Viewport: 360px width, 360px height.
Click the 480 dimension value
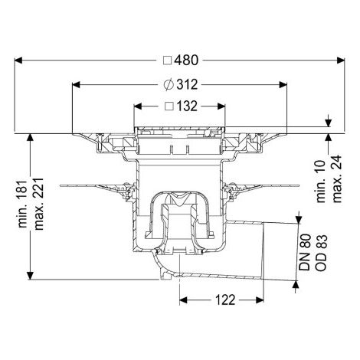point(186,61)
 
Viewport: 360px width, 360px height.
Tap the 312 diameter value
point(187,84)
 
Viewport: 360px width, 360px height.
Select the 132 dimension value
point(187,106)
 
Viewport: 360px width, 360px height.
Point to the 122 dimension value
point(225,300)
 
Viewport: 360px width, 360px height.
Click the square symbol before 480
point(168,61)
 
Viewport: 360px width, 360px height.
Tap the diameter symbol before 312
point(169,84)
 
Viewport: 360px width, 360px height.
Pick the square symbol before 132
point(169,106)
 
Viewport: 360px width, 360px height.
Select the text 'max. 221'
point(39,204)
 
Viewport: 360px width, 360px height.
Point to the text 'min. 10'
point(321,182)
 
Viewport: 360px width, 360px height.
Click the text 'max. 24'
point(337,178)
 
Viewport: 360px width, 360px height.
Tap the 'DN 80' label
point(305,252)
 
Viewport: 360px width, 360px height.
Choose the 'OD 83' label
point(321,253)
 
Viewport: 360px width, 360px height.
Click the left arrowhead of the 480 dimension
point(18,61)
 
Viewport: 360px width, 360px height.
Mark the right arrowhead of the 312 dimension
point(283,85)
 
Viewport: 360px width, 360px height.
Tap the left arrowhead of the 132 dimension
point(138,106)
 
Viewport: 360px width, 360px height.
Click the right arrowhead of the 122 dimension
point(260,300)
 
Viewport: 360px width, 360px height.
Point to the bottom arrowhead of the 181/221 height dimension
point(30,276)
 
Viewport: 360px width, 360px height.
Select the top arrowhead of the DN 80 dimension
point(298,220)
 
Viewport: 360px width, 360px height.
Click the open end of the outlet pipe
point(263,251)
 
